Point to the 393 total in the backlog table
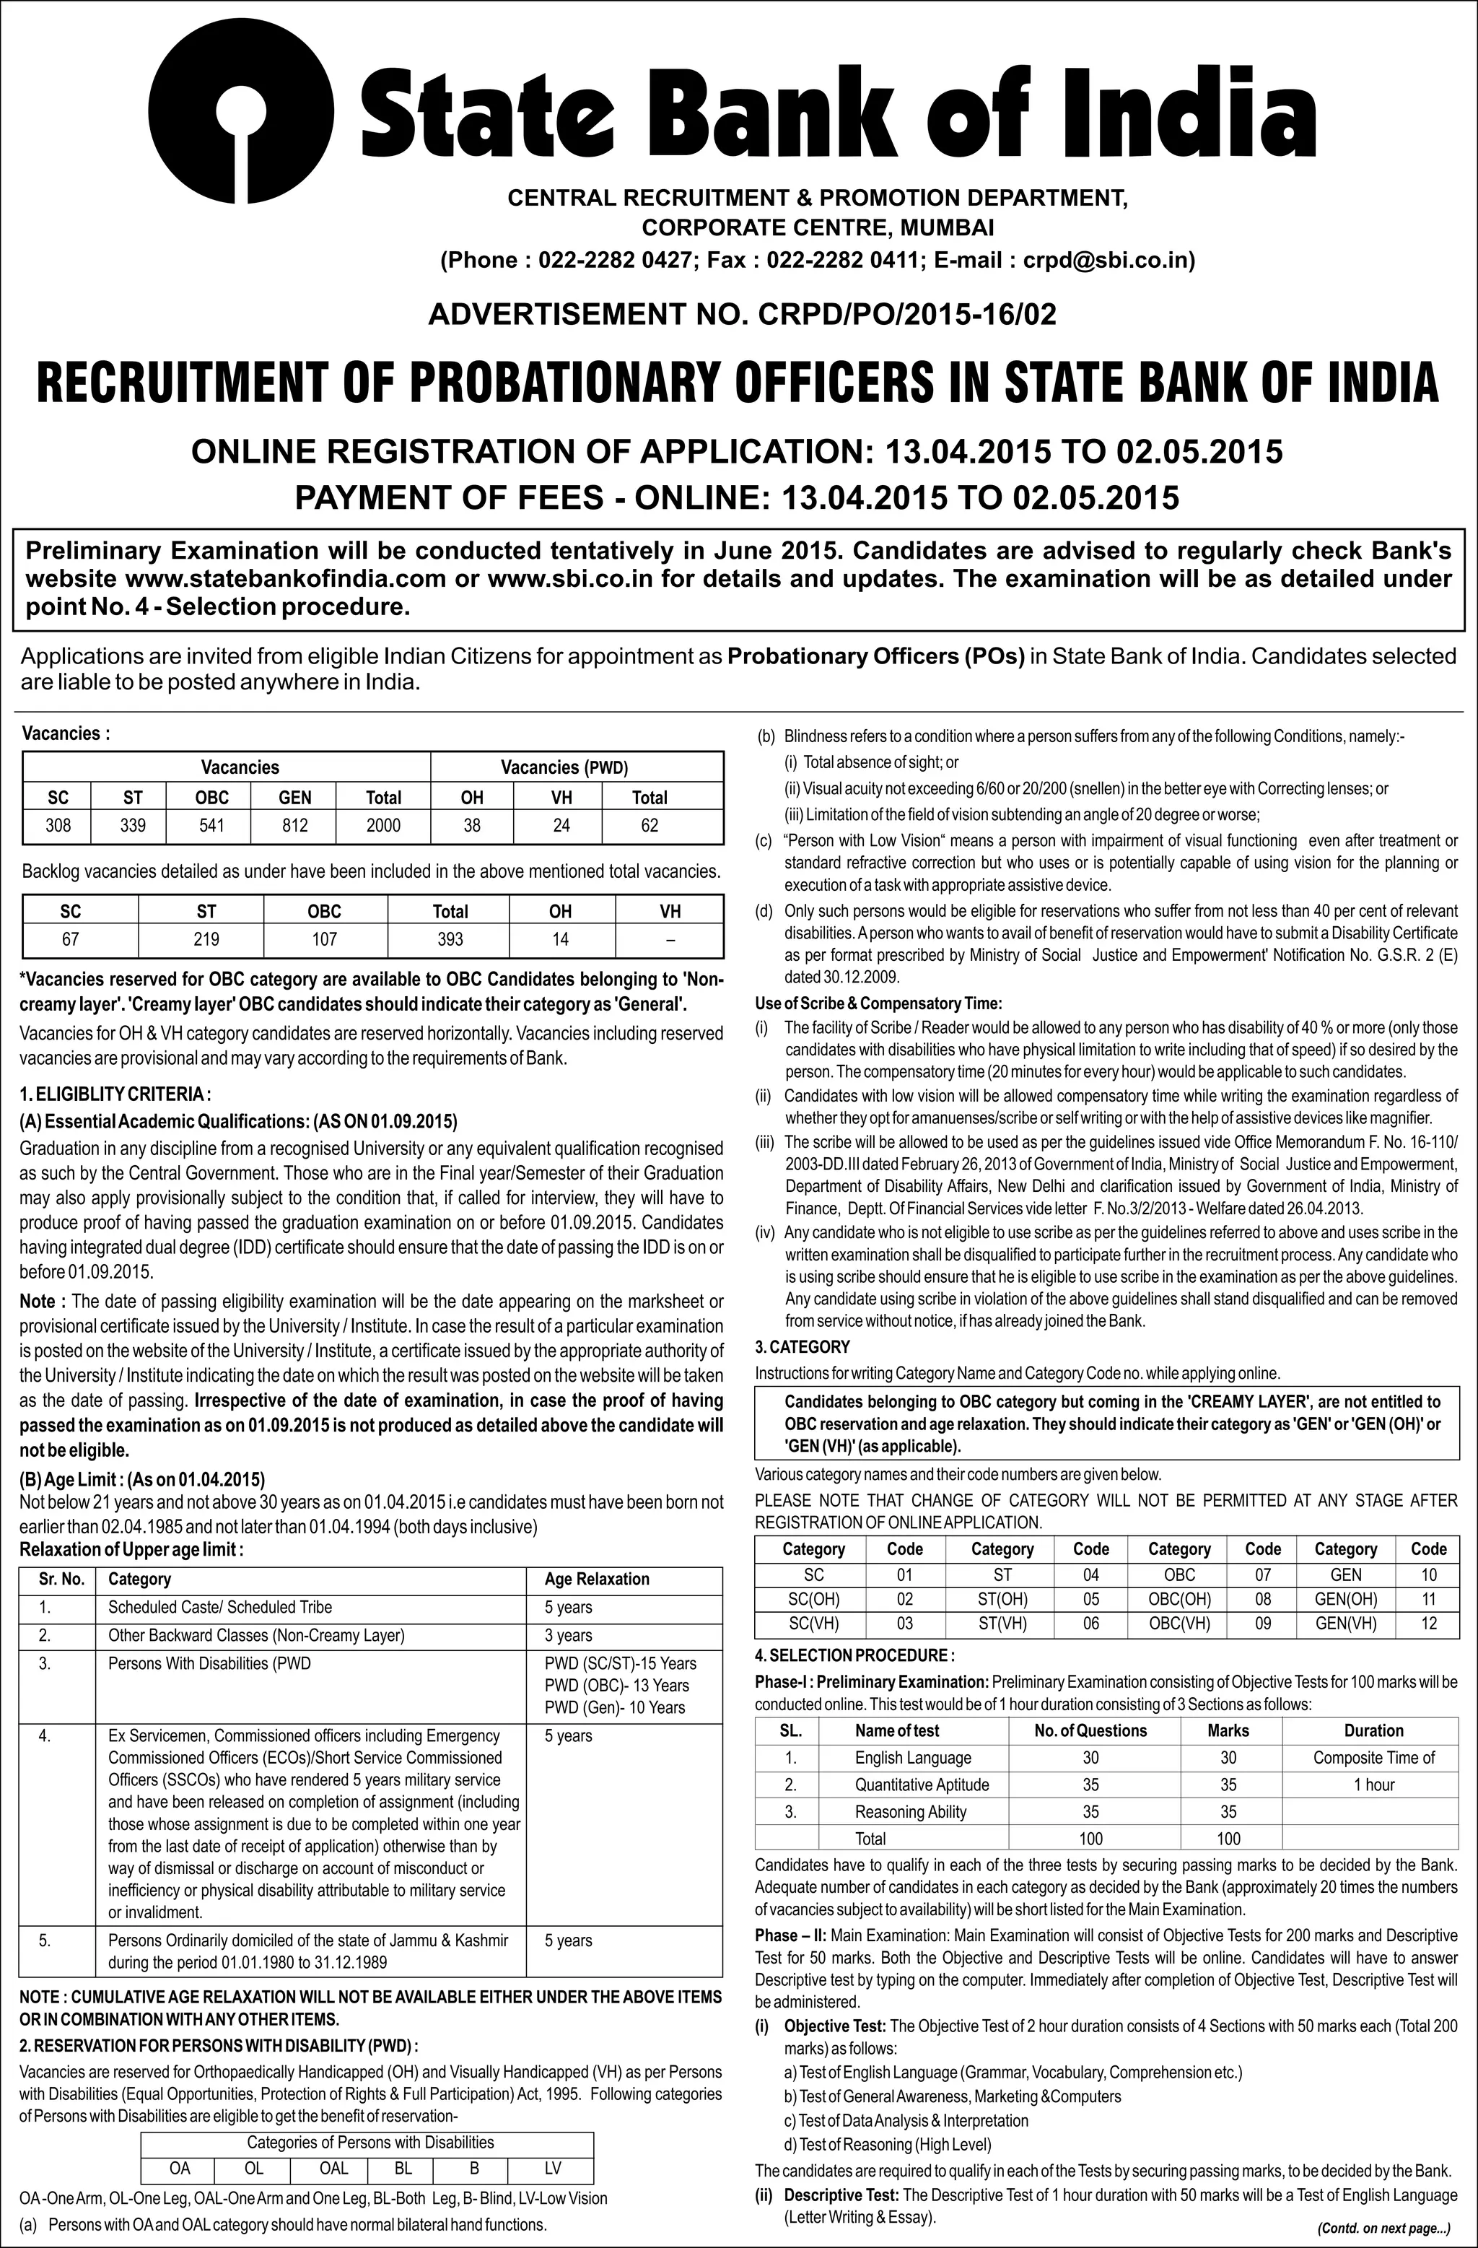(x=450, y=939)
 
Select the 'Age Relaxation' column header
(x=597, y=1578)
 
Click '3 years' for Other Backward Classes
(x=569, y=1635)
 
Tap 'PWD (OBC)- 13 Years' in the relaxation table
(x=617, y=1685)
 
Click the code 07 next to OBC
(x=1263, y=1574)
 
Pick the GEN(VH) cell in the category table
(x=1346, y=1624)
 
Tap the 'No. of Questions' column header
(x=1090, y=1730)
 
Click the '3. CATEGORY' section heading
(x=802, y=1347)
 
